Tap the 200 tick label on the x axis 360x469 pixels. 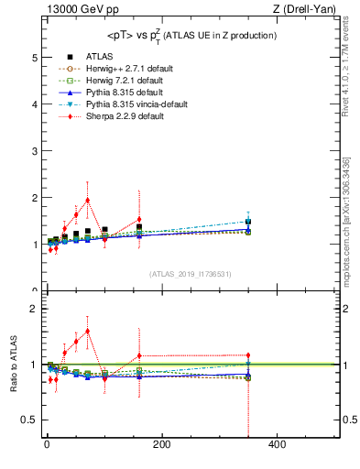(161, 444)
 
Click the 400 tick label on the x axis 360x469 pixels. (277, 444)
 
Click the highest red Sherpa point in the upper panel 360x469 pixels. (87, 200)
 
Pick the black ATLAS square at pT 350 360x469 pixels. (247, 222)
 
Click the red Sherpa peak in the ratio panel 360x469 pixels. (87, 331)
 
